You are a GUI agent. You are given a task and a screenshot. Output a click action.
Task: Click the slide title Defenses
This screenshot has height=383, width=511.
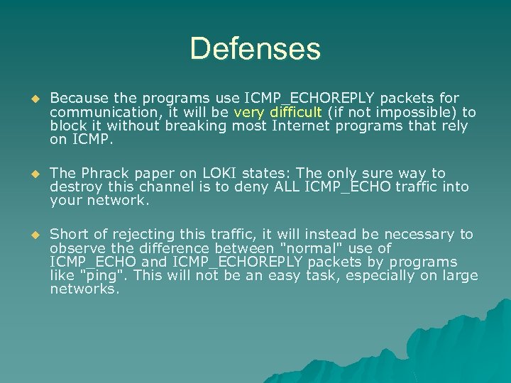pyautogui.click(x=255, y=49)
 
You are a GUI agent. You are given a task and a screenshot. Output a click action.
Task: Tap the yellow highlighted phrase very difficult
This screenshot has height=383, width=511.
pyautogui.click(x=278, y=112)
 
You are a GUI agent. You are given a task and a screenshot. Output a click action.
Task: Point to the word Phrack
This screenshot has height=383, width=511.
pyautogui.click(x=105, y=173)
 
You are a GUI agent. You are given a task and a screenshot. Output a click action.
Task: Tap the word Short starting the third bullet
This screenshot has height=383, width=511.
pyautogui.click(x=70, y=234)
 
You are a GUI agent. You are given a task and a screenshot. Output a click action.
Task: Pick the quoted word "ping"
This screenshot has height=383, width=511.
pyautogui.click(x=106, y=276)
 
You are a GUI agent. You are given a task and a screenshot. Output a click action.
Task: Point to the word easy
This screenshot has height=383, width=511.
pyautogui.click(x=283, y=276)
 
